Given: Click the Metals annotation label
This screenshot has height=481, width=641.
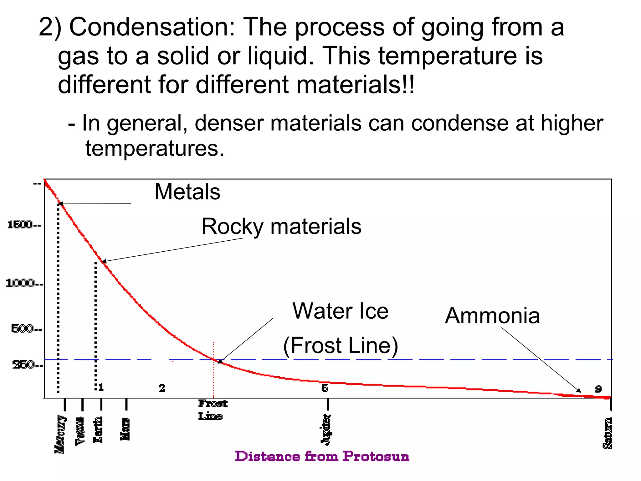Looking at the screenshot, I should [x=187, y=191].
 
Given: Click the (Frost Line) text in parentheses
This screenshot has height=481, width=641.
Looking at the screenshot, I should [x=340, y=345].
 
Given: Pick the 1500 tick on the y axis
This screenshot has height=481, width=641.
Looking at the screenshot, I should [x=24, y=225].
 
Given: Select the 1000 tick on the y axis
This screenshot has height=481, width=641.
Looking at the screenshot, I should [x=24, y=284].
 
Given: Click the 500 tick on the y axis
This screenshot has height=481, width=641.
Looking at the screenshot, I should [x=26, y=329].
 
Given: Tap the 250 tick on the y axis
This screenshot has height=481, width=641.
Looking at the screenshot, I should [x=27, y=365].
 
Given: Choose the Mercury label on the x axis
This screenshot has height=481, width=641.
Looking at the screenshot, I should [x=60, y=434].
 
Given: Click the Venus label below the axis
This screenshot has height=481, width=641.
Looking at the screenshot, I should [x=80, y=431].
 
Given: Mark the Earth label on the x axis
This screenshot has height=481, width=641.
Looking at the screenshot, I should [x=98, y=430].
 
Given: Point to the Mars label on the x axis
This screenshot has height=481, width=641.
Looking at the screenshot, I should [x=125, y=429].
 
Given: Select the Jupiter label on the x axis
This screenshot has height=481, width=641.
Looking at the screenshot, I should [x=326, y=429].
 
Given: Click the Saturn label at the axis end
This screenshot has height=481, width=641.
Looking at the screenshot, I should [x=608, y=433].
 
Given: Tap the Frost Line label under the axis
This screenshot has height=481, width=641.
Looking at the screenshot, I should [x=212, y=410].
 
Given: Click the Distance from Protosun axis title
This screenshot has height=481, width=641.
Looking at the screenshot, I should [x=322, y=457].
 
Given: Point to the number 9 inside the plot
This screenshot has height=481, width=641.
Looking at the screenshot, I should [x=598, y=389].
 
